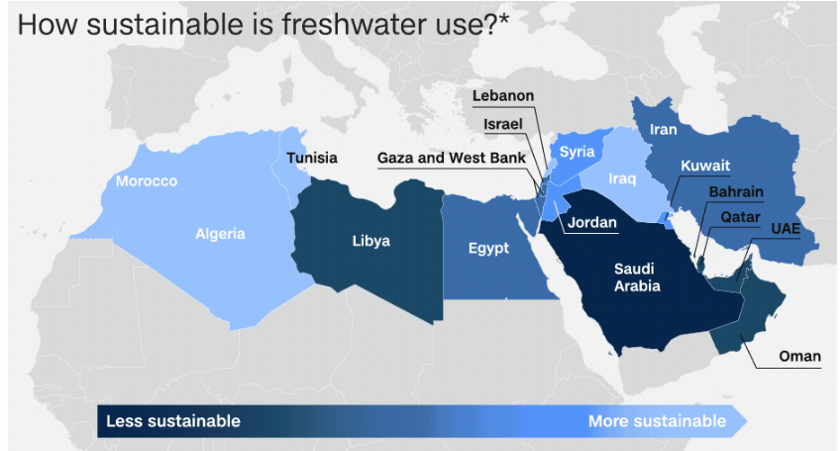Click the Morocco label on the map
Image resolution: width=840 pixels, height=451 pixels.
pos(147,181)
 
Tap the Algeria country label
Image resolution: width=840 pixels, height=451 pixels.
pos(220,234)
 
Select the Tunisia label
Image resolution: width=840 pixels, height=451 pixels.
pos(312,158)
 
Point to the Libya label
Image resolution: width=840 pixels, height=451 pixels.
pos(371,241)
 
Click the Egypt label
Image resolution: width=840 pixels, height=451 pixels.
pos(489,247)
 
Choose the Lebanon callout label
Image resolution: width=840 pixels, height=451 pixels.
pos(503,96)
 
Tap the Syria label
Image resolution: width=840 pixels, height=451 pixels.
pos(577,152)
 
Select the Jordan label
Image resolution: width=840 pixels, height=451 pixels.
pos(592,223)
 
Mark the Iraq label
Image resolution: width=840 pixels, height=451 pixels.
pos(621,178)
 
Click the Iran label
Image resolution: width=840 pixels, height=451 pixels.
pos(664,129)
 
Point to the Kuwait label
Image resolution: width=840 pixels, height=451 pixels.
pos(705,166)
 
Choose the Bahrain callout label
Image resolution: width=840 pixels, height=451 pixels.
pos(736,191)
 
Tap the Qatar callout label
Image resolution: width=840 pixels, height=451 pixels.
pos(740,216)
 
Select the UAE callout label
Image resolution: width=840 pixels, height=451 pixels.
pos(786,229)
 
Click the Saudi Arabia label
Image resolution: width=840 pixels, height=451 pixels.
pos(635,277)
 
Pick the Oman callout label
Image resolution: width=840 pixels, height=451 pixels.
pos(799,357)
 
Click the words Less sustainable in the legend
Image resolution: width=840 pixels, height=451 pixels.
pos(173,421)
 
